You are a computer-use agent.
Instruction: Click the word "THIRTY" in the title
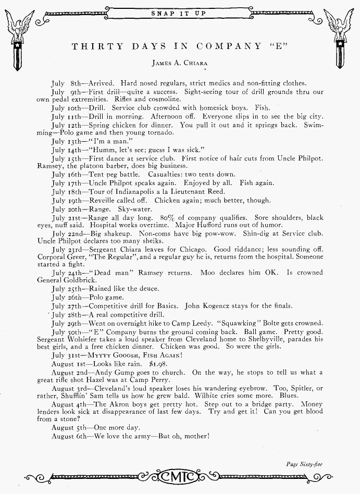97,46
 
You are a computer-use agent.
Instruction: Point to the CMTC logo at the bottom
180,476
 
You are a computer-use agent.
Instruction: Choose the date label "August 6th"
69,436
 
